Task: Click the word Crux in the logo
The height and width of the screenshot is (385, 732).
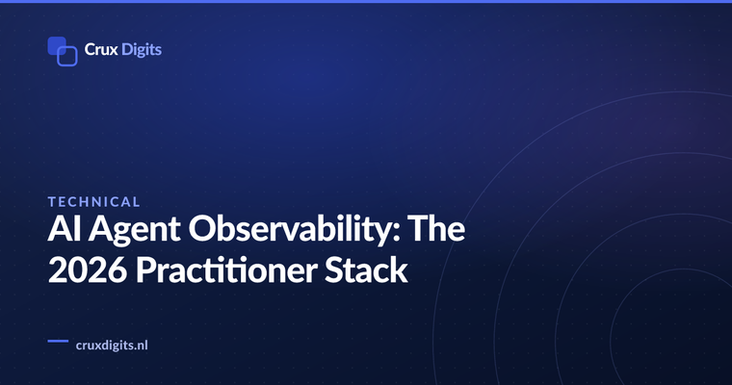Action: coord(101,49)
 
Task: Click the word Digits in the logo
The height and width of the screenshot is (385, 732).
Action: coord(142,50)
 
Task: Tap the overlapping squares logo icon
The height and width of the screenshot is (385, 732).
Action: coord(63,51)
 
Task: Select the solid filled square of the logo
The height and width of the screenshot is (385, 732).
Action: coord(57,46)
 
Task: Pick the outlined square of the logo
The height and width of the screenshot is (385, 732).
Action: coord(67,57)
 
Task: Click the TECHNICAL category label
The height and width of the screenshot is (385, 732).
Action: coord(93,201)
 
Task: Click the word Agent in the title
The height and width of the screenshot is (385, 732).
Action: coord(135,231)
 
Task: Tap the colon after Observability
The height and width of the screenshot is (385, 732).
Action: coord(397,233)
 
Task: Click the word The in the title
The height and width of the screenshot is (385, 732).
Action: coord(436,228)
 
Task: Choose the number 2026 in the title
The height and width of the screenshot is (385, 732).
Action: coord(88,269)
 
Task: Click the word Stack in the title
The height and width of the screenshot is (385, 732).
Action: coord(366,269)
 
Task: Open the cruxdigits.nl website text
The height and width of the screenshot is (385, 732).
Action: coord(112,346)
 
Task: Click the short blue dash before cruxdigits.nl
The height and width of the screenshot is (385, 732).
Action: coord(58,341)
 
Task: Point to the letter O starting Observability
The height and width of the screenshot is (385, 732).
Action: coord(203,229)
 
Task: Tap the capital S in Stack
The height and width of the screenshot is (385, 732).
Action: coord(333,269)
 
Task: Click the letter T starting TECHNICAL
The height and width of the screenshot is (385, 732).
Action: coord(52,201)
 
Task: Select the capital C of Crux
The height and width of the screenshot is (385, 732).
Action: coord(91,49)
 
